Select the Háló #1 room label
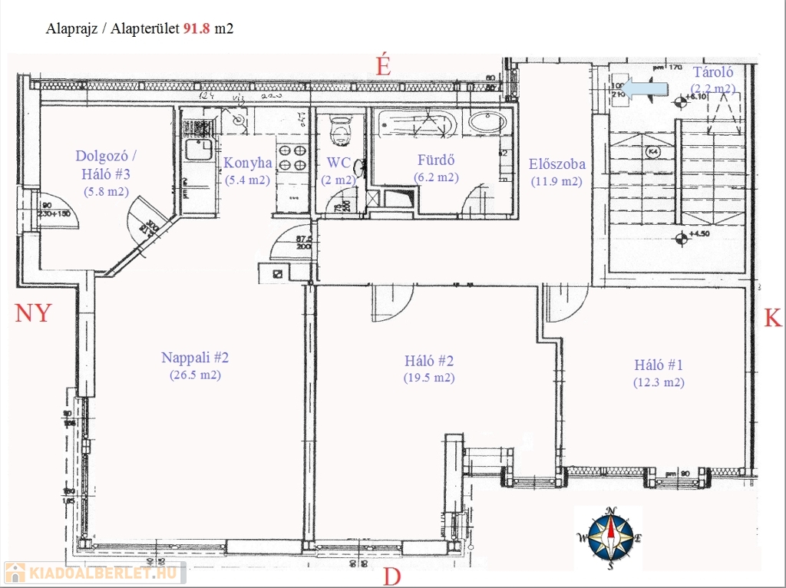659,365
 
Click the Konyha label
247,164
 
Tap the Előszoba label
556,164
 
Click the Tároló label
714,73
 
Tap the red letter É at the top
383,66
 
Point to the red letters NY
33,313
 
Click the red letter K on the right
772,319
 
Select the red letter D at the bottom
391,576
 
